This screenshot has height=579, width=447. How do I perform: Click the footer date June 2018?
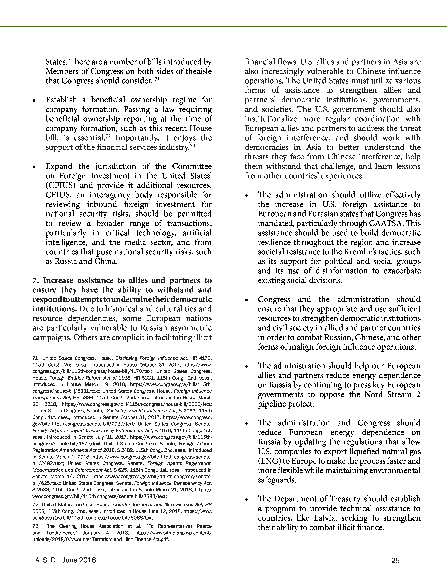coord(79,560)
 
